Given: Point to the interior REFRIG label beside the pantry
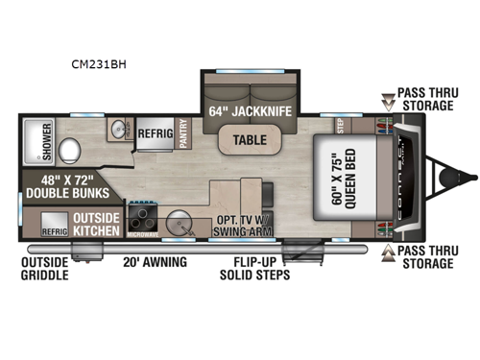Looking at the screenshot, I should coord(155,134).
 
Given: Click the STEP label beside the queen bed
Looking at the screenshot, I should coord(340,124).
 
